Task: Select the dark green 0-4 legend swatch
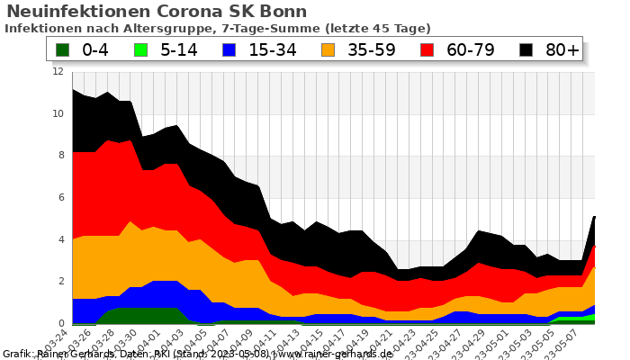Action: pos(63,50)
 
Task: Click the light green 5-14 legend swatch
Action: pos(143,50)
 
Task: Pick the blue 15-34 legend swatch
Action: pos(230,50)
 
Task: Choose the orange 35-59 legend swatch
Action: pos(329,50)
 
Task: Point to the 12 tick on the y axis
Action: pos(58,72)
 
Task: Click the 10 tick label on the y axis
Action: pos(58,114)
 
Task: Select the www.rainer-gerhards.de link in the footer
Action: pos(336,354)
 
